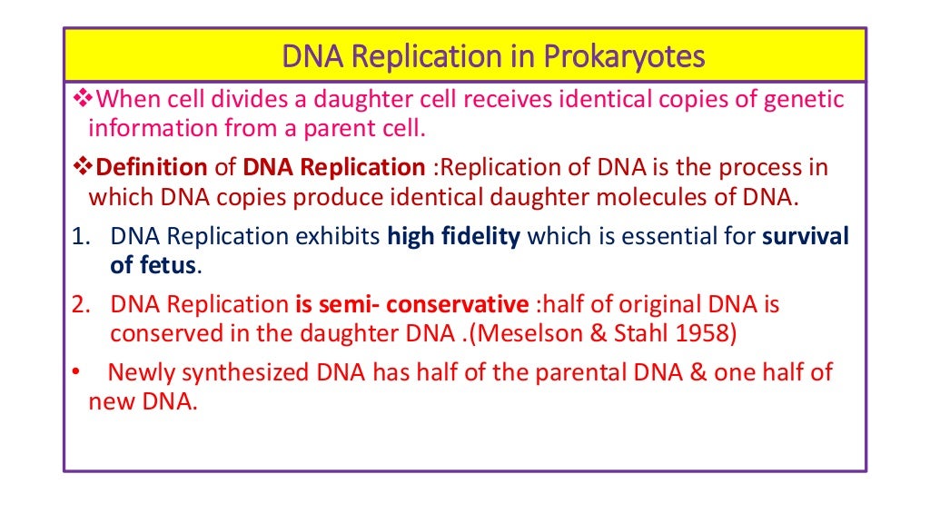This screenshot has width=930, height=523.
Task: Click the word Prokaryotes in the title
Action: pos(624,56)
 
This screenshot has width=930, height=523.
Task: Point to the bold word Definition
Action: pos(152,168)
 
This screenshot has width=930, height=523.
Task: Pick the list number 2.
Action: pos(80,305)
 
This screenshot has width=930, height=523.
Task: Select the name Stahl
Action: pos(636,333)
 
